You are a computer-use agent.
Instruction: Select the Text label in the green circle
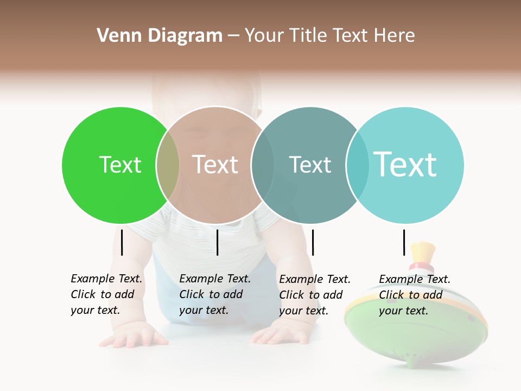click(x=120, y=165)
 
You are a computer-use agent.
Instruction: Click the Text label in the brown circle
click(x=215, y=165)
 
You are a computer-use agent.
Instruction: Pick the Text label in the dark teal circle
click(x=310, y=165)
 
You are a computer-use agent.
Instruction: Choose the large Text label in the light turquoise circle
click(x=405, y=165)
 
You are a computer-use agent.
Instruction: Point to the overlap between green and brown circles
click(x=168, y=165)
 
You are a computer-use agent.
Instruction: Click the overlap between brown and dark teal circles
click(x=263, y=165)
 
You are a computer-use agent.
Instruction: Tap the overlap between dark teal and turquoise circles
click(x=357, y=165)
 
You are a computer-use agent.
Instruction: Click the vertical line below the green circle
click(x=122, y=242)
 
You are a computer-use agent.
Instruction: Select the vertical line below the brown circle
click(x=217, y=242)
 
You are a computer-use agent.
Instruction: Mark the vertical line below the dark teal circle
click(x=313, y=242)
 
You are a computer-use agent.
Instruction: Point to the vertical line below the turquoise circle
click(x=404, y=242)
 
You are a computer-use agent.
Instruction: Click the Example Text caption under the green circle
click(x=106, y=294)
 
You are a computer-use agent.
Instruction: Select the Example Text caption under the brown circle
click(x=215, y=294)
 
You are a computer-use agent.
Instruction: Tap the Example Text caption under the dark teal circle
click(x=315, y=294)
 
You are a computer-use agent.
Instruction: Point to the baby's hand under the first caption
click(x=133, y=335)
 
